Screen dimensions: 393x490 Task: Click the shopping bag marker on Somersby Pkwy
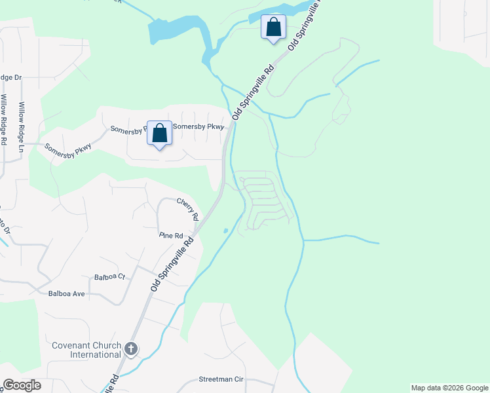point(159,133)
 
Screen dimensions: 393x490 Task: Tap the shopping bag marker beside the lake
point(273,28)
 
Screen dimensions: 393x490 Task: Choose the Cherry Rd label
point(187,209)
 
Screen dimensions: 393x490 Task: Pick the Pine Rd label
point(171,235)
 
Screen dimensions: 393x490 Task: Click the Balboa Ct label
point(109,277)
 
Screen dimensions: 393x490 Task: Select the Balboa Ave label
point(67,293)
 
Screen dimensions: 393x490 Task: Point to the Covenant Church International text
point(87,350)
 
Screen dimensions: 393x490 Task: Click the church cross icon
point(131,349)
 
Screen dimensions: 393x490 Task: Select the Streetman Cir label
point(221,379)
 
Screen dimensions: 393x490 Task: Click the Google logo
point(22,385)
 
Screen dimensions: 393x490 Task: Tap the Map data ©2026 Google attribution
point(449,388)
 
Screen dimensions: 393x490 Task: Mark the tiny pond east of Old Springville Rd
point(225,231)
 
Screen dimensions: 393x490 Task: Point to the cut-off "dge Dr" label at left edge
point(10,77)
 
